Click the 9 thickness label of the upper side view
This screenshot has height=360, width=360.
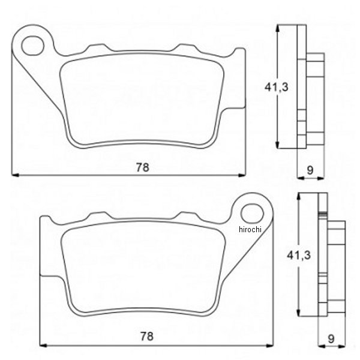(x=310, y=170)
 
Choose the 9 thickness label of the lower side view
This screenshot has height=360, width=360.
(x=332, y=337)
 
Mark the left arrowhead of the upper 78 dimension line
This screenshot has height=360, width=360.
(x=15, y=175)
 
